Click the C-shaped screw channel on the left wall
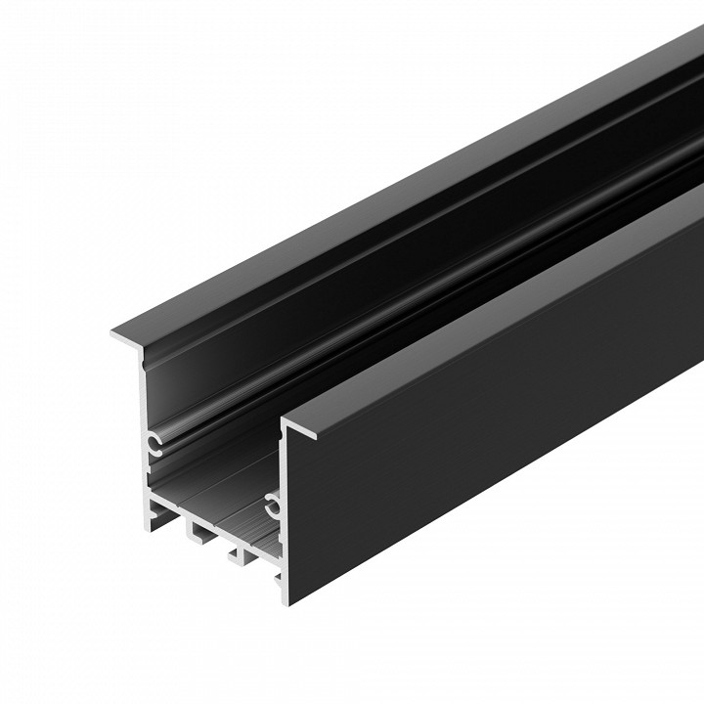(154, 445)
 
